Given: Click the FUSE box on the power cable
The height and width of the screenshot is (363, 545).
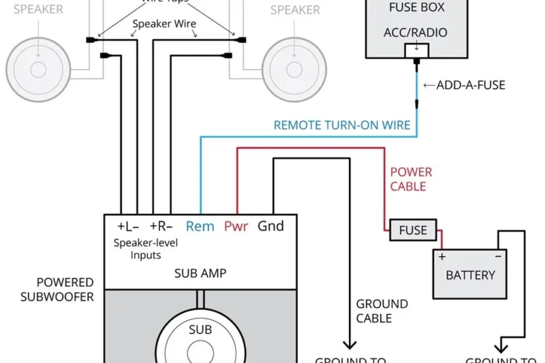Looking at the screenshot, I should (x=413, y=230).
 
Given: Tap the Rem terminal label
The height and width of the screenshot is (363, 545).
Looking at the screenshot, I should (x=200, y=226).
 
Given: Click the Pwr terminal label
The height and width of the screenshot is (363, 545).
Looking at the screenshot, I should (x=236, y=226).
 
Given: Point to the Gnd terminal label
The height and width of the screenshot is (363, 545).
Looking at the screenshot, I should (x=270, y=226).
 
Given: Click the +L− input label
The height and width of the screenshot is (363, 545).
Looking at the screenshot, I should (x=128, y=226).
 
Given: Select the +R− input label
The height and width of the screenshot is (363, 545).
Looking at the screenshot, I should (x=161, y=226).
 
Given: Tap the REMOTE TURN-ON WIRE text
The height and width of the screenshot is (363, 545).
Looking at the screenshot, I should (x=342, y=125).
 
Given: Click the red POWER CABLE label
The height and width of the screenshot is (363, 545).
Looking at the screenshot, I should (x=411, y=179).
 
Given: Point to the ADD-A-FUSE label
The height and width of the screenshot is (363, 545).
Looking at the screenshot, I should (x=471, y=86).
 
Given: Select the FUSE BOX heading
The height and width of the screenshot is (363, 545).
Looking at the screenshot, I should (x=416, y=8).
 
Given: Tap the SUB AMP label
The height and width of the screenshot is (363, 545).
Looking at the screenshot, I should (x=200, y=274).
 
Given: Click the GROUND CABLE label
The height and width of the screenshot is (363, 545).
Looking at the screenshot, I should (x=382, y=311).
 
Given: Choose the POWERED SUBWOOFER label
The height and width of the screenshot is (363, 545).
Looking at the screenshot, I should (x=57, y=289).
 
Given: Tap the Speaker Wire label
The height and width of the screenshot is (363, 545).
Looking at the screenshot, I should (x=164, y=24).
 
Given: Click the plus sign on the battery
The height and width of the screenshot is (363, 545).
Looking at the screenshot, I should (x=441, y=257).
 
